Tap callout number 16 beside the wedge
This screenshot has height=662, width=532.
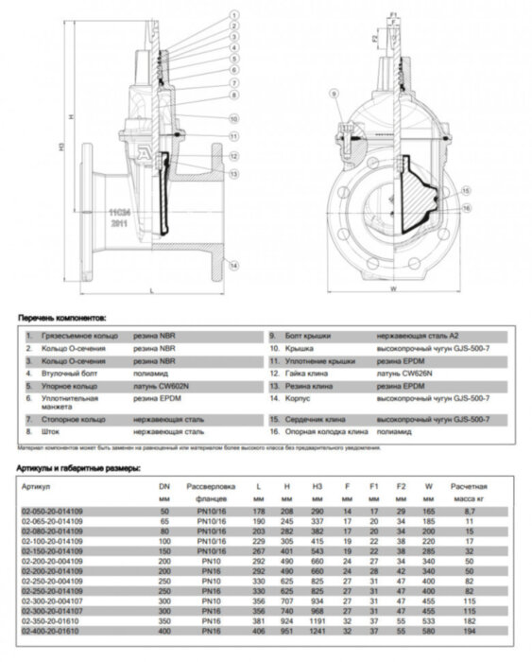pyautogui.click(x=467, y=206)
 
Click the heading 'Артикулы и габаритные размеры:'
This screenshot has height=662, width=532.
pyautogui.click(x=79, y=467)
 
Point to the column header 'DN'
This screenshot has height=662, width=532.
pyautogui.click(x=166, y=484)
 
